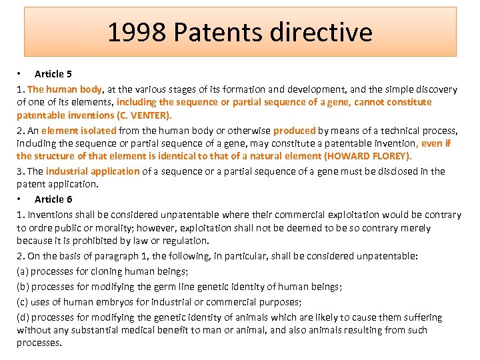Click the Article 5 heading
(53, 74)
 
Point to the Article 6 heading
(53, 199)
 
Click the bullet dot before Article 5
(20, 74)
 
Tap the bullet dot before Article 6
(20, 199)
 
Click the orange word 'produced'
(294, 131)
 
